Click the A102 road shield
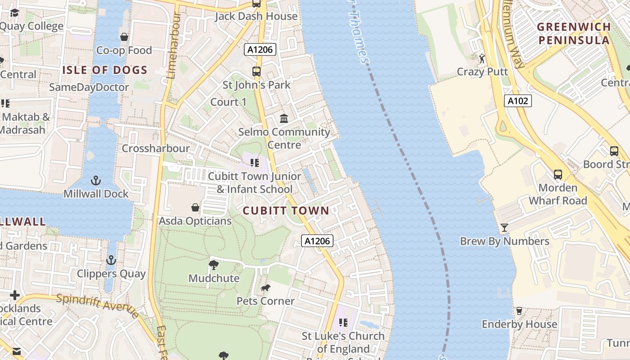point(517,101)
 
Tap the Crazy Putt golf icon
point(482,58)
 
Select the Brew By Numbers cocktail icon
point(504,227)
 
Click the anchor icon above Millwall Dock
point(95,180)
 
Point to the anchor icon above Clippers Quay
point(111,260)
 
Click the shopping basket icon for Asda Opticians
point(195,207)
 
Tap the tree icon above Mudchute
point(214,265)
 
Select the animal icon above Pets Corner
point(265,287)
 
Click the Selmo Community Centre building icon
point(284,118)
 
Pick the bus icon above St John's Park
point(256,71)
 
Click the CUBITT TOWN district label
point(286,211)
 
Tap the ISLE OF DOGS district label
point(105,70)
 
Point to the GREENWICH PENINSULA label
point(574,33)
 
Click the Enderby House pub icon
point(519,310)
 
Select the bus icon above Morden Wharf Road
point(558,174)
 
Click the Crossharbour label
point(156,148)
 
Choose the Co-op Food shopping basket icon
point(124,37)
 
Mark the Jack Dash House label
point(256,16)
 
